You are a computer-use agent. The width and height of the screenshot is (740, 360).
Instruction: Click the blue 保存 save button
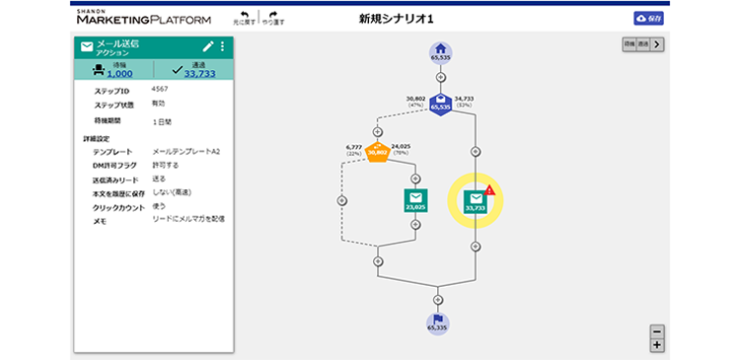click(647, 18)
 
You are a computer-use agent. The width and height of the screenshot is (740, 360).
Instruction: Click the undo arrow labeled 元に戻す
click(242, 16)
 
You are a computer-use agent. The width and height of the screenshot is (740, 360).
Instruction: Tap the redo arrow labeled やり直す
click(273, 16)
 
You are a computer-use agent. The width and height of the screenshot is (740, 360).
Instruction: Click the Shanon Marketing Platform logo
click(142, 17)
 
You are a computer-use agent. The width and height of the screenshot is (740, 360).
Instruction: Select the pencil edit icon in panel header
click(207, 46)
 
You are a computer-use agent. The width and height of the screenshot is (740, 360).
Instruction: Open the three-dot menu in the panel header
click(222, 46)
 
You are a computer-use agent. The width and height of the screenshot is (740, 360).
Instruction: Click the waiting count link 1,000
click(120, 73)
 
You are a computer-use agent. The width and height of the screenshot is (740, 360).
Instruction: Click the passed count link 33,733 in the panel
click(200, 73)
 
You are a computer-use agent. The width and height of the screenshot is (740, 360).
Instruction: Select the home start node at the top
click(440, 51)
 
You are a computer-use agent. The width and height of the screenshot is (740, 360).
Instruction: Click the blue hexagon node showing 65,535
click(440, 103)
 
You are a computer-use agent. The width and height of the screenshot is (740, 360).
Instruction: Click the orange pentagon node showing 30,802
click(377, 151)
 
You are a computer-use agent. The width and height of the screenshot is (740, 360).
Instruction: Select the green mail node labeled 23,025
click(415, 200)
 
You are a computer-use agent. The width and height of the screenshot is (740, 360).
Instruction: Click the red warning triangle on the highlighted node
click(490, 189)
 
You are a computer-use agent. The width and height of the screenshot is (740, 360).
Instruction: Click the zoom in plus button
click(657, 344)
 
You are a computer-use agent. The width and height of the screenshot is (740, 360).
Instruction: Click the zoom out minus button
click(657, 330)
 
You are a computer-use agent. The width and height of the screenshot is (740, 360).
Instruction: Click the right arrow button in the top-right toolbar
click(658, 44)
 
